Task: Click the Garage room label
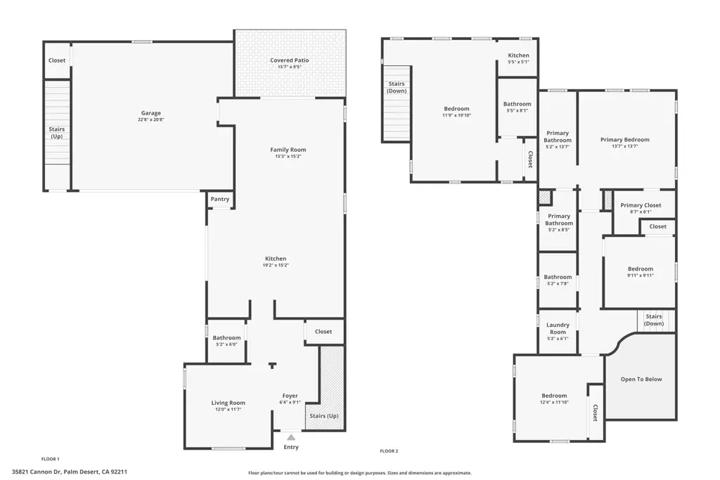click(151, 113)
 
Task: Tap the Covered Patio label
click(289, 60)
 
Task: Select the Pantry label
click(220, 199)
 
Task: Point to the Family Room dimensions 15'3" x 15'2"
click(288, 157)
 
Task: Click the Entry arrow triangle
click(291, 437)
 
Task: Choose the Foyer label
click(290, 396)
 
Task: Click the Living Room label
click(229, 403)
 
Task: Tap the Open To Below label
click(641, 379)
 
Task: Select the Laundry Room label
click(558, 329)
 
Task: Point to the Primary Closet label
click(641, 205)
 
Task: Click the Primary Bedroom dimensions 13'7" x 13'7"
click(625, 146)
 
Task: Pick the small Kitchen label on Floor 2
click(518, 56)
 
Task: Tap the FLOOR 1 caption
click(51, 459)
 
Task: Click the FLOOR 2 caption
click(389, 451)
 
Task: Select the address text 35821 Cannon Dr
click(37, 472)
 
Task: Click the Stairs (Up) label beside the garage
click(57, 133)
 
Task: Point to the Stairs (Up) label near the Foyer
click(324, 416)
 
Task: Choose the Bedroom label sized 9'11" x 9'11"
click(641, 269)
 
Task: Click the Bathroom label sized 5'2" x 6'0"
click(227, 338)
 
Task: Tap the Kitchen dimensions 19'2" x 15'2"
click(276, 265)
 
